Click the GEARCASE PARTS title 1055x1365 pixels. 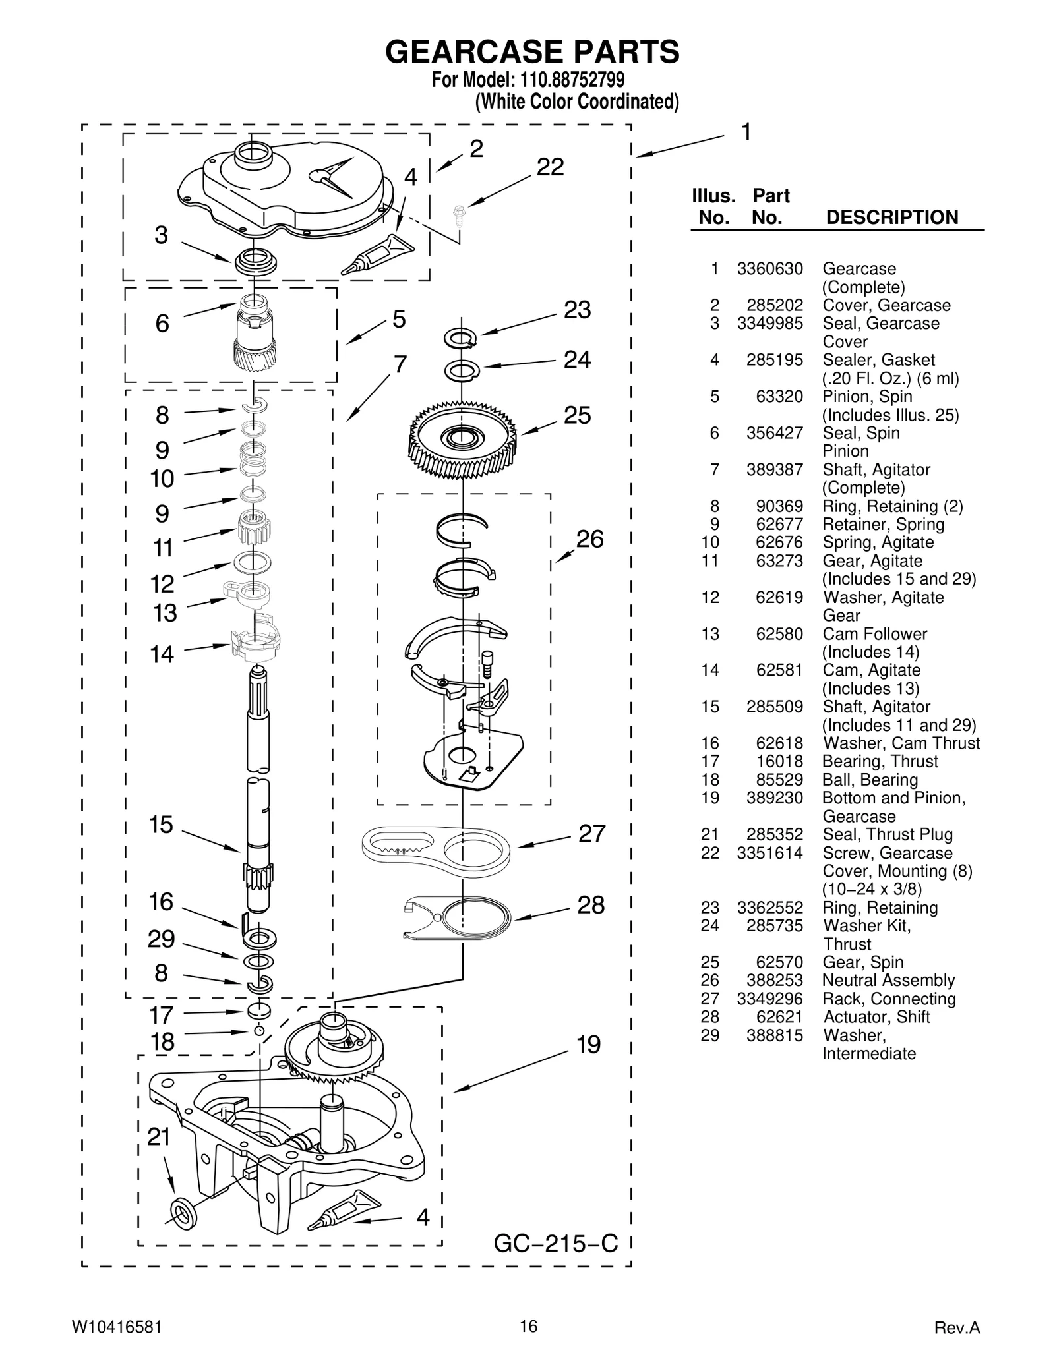(532, 51)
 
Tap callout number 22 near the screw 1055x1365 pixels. (550, 167)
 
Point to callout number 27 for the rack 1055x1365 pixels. (591, 834)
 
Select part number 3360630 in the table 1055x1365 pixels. (769, 269)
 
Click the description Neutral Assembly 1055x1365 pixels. (888, 980)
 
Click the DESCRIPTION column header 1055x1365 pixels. (891, 218)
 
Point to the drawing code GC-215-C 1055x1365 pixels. (556, 1244)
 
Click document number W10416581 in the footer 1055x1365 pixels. (116, 1327)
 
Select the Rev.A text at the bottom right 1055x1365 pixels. (957, 1327)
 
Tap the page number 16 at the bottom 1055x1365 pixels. (527, 1325)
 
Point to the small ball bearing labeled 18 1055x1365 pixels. (259, 1031)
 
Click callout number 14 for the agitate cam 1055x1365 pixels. (162, 654)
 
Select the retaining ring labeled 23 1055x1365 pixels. (460, 338)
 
